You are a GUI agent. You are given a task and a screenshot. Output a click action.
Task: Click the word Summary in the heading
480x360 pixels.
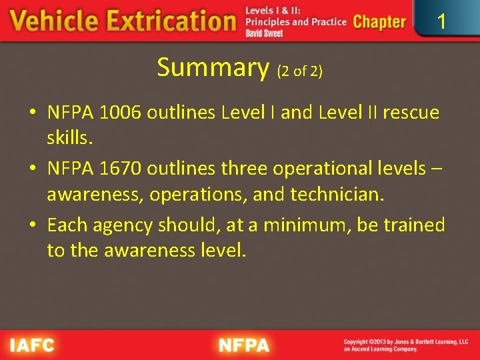tap(212, 67)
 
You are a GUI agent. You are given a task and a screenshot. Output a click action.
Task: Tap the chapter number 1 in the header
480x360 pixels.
tap(441, 22)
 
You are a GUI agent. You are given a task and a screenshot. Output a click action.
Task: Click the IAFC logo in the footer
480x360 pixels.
tap(32, 345)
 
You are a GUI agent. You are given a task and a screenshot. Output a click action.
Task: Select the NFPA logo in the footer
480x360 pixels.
tap(244, 345)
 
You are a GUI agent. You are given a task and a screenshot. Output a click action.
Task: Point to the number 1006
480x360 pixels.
tap(122, 113)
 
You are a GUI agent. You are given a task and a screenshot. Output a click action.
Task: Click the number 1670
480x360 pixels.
tap(121, 169)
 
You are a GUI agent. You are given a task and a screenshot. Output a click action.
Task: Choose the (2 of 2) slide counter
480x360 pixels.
tap(299, 71)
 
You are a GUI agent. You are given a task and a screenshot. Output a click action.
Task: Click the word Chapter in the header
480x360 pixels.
tap(379, 21)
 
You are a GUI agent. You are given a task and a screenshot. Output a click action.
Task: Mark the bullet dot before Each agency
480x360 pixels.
tap(33, 225)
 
